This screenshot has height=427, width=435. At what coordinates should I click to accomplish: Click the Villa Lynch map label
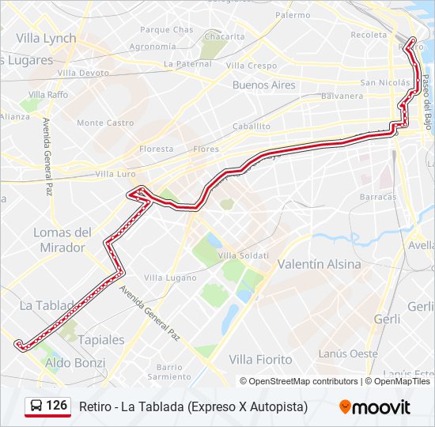click(x=46, y=38)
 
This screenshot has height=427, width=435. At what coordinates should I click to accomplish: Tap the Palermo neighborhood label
click(x=293, y=15)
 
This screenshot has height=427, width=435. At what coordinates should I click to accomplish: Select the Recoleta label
click(x=369, y=35)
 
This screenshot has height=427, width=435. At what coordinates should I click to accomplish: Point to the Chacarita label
click(x=224, y=36)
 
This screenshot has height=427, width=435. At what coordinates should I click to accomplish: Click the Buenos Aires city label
click(x=263, y=85)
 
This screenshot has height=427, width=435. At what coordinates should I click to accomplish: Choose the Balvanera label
click(x=342, y=96)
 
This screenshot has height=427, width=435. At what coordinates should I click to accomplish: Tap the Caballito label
click(x=252, y=126)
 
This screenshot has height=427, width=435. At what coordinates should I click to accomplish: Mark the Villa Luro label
click(x=115, y=173)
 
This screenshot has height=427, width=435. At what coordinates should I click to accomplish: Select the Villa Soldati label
click(x=244, y=255)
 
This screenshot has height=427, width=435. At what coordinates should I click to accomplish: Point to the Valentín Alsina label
click(x=320, y=264)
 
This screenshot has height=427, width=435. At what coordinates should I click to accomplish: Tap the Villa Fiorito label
click(x=260, y=359)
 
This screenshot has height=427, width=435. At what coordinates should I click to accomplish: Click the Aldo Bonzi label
click(x=75, y=363)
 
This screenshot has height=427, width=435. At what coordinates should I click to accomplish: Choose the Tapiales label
click(x=102, y=339)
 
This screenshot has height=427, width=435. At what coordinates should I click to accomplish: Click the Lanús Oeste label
click(x=348, y=353)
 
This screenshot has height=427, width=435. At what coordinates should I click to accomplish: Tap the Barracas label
click(x=377, y=196)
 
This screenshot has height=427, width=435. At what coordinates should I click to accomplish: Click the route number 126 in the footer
click(x=56, y=406)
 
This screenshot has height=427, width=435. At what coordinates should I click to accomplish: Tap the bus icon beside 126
click(x=36, y=406)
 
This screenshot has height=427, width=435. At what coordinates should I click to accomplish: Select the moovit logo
click(x=375, y=407)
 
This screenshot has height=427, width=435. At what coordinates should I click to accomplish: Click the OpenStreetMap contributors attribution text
click(x=304, y=381)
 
